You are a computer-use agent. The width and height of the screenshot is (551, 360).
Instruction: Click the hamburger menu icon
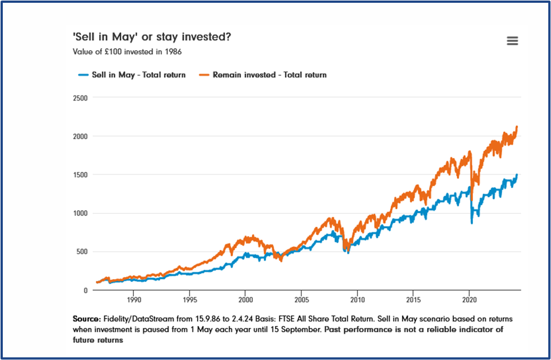pyautogui.click(x=512, y=41)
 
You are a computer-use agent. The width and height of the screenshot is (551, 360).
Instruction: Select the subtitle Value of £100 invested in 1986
pyautogui.click(x=127, y=52)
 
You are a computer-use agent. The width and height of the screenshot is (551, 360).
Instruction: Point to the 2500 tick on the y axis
pyautogui.click(x=80, y=98)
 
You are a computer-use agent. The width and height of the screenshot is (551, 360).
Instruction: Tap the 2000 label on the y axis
pyautogui.click(x=80, y=136)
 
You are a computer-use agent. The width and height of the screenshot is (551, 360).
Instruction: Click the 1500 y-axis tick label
pyautogui.click(x=80, y=175)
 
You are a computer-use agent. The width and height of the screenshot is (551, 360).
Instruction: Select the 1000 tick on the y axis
pyautogui.click(x=80, y=213)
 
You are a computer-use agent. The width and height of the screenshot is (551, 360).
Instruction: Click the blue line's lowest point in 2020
pyautogui.click(x=472, y=223)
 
